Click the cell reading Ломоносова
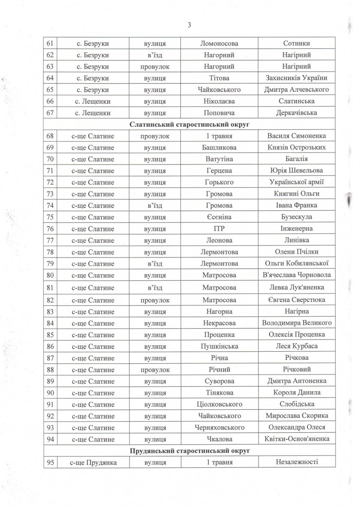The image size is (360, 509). [x=219, y=43]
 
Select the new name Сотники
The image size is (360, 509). [x=296, y=43]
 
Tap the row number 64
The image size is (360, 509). [x=51, y=78]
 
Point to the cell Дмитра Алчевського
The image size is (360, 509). [x=296, y=90]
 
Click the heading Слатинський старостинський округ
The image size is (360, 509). [x=189, y=125]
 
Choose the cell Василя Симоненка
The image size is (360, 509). [x=296, y=136]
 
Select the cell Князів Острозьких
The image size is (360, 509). [x=296, y=147]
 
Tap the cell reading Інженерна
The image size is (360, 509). [x=296, y=228]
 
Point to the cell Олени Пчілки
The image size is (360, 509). [x=296, y=252]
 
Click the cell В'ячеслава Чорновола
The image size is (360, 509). [x=296, y=275]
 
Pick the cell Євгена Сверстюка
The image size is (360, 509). [x=296, y=299]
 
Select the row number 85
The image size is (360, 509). [x=51, y=334]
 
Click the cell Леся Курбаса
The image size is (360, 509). [x=296, y=346]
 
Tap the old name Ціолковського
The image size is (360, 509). [x=219, y=404]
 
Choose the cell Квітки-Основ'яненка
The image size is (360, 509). [x=296, y=439]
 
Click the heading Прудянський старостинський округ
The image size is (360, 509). [x=189, y=451]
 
